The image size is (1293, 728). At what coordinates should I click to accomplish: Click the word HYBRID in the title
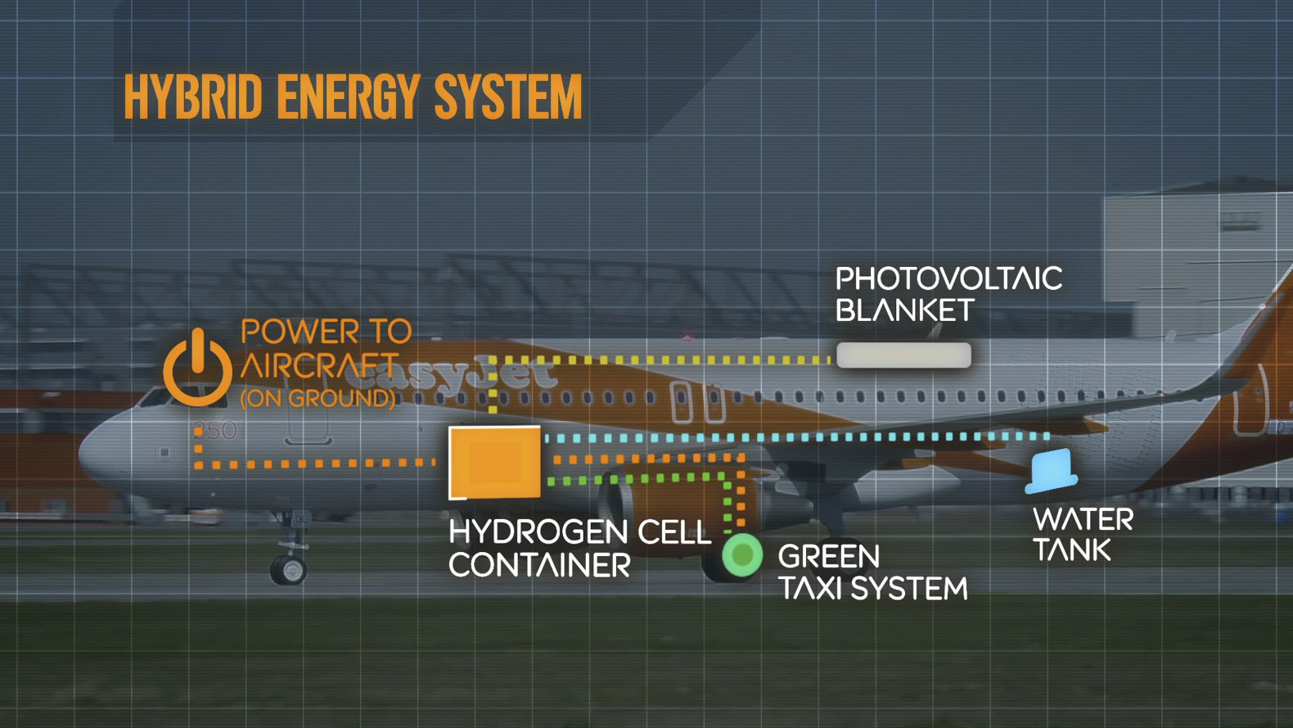193,97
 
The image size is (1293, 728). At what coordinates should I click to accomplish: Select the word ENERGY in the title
348,97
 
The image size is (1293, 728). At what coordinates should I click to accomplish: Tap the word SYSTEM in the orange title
508,97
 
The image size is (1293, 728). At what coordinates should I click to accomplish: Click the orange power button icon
197,368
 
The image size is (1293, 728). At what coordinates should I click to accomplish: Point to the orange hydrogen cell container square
494,462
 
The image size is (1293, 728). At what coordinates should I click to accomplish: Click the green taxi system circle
742,555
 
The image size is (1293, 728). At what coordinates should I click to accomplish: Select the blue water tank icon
1051,471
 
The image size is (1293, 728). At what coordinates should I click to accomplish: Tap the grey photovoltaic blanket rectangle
904,355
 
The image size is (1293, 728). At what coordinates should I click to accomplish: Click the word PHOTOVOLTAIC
948,278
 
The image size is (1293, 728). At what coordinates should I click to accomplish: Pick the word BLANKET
905,310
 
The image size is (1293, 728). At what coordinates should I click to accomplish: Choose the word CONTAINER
540,564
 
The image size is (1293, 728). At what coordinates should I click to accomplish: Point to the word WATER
1083,519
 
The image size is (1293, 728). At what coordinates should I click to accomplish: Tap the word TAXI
811,588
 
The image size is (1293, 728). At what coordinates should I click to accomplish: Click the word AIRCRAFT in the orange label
319,365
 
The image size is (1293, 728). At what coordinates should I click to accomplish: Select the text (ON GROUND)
318,399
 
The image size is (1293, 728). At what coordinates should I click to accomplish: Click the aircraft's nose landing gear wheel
289,569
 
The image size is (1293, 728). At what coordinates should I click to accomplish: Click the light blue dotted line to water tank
796,437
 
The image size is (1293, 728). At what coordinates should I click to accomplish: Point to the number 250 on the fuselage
215,431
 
